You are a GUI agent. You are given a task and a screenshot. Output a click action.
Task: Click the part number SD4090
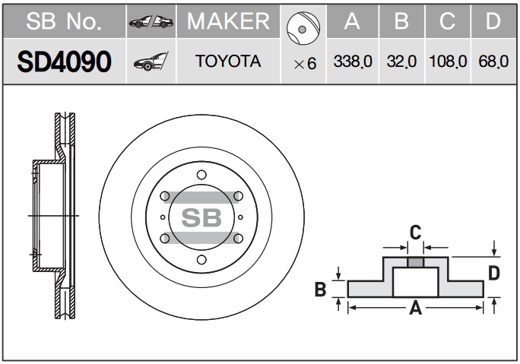pos(64,62)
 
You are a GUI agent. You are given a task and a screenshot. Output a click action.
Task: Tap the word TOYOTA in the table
pos(228,62)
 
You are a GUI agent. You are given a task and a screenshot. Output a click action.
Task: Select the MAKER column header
pos(228,21)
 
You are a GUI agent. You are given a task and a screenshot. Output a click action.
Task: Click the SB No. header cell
pos(64,21)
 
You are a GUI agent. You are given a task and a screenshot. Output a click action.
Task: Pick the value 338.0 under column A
pos(352,62)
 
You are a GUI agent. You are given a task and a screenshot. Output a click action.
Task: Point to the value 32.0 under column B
pos(400,62)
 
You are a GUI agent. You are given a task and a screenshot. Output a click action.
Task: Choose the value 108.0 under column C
pos(448,62)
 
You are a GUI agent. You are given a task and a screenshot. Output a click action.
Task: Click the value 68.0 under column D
pos(493,62)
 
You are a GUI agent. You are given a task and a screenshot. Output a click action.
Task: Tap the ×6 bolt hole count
pos(304,64)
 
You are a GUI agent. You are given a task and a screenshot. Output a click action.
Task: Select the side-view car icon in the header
pos(151,22)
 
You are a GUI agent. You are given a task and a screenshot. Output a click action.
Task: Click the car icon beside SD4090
pos(151,62)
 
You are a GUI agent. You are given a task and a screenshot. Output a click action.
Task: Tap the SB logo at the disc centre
pos(201,218)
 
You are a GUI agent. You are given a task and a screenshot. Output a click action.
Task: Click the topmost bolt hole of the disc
pos(201,175)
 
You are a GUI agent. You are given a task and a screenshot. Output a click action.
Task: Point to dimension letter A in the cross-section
pos(416,308)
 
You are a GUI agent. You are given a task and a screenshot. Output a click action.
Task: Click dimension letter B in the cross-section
pos(320,288)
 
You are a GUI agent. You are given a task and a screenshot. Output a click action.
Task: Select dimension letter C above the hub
pos(415,232)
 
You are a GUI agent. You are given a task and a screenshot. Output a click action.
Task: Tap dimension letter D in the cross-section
pos(493,274)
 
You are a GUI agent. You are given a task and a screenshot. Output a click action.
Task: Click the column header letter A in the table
pos(352,22)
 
